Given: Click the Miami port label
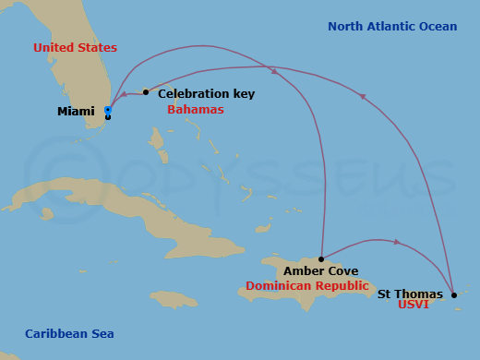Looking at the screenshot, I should pos(77,112).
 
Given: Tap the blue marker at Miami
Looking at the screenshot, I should pos(108,111).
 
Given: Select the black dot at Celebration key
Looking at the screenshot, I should pos(146,92).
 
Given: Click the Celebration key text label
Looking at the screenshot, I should pos(206,94).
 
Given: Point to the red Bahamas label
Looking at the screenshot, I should pos(195,109).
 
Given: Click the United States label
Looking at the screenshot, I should pos(75,47).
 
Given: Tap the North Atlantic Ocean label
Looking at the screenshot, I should pos(392,27).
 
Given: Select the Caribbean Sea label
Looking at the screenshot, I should pos(69,333).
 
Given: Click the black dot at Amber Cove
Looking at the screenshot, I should pos(320,259).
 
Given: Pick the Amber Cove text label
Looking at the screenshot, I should pos(320,271).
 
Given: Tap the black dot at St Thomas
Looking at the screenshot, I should pos(453,295).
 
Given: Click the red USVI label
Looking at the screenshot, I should pos(413,305).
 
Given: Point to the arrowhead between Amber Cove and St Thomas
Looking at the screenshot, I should pos(397,243).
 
